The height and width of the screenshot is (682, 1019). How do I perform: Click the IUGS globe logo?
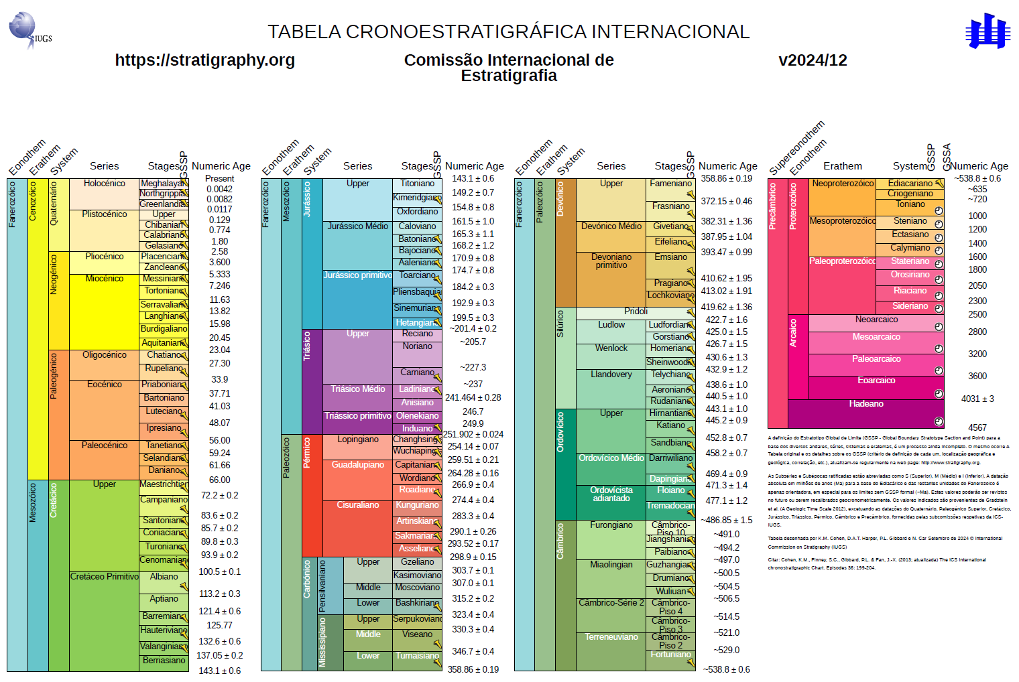[x=25, y=28]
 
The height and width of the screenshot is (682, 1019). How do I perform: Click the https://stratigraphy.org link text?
[x=204, y=60]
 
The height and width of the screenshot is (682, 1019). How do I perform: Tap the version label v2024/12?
[x=813, y=60]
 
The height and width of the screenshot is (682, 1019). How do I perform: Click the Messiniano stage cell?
[x=163, y=279]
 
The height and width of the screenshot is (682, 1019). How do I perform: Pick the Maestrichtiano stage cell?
[x=163, y=484]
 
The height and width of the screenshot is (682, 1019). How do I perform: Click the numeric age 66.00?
[x=219, y=480]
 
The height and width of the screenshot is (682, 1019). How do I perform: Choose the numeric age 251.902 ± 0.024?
[x=473, y=434]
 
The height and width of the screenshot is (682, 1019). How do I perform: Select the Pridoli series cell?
[x=636, y=312]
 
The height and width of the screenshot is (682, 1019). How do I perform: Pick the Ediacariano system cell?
[x=909, y=184]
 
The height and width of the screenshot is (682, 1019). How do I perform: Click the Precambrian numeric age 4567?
[x=977, y=427]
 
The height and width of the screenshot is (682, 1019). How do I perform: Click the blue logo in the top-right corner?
[x=987, y=31]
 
